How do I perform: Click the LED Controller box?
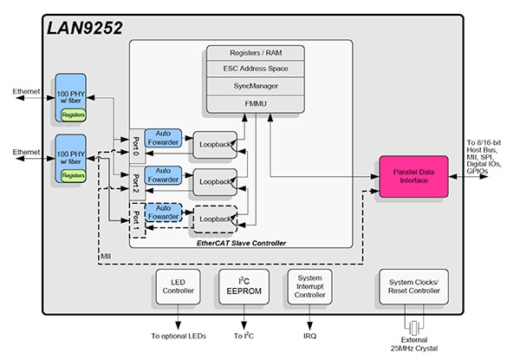(178, 286)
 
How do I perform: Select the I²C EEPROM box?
(245, 286)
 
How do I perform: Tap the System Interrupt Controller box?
(310, 286)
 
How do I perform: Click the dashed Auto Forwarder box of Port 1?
(164, 213)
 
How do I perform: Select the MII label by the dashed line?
(106, 258)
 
